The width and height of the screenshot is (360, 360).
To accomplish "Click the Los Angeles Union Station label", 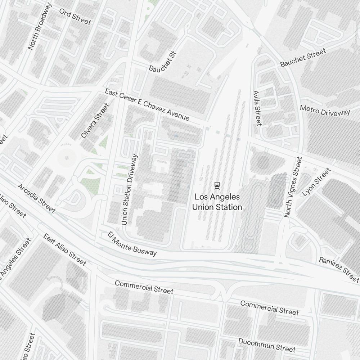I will pos(217,202).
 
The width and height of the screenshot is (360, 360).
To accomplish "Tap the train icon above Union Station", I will pos(217,185).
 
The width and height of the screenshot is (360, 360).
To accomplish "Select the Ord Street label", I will pos(75,17).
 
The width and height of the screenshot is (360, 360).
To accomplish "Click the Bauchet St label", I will pos(163,62).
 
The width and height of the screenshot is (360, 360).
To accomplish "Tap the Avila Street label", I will pos(257,108).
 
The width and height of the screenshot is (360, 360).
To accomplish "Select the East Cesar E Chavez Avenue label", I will pos(147,105).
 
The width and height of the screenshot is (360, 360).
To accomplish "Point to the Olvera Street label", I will pos(95,121).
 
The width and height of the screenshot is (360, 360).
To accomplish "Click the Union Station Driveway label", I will pos(130,190).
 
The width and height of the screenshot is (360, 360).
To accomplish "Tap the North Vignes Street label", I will pos(293,187).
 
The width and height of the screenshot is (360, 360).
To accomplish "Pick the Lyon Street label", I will pos(316,182).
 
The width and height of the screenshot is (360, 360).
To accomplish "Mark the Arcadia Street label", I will pos(36,199).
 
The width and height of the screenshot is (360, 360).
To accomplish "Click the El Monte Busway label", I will pos(132,244).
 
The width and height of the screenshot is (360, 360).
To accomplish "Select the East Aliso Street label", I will pos(65,249).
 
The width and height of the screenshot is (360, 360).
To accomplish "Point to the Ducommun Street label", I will pos(267,345).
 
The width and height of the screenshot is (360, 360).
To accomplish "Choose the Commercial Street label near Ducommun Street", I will pos(269,308).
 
